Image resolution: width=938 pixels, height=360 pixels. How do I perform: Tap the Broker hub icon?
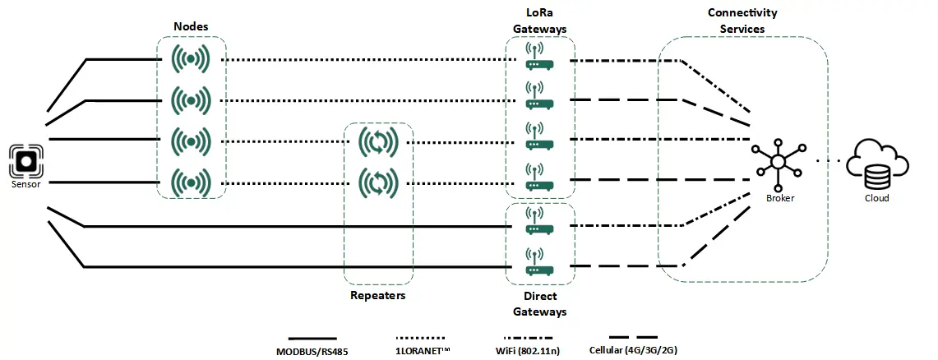click(x=774, y=159)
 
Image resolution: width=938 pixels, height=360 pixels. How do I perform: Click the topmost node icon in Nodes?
click(x=191, y=60)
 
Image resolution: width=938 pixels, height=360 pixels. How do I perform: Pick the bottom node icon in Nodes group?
click(x=191, y=181)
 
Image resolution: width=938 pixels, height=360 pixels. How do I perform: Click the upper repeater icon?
click(x=378, y=143)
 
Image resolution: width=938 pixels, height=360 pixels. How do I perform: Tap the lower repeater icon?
click(x=378, y=181)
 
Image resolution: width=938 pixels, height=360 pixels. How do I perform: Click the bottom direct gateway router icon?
click(x=539, y=262)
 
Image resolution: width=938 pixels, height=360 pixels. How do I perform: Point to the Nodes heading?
click(x=191, y=26)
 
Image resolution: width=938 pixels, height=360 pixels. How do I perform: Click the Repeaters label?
click(x=378, y=295)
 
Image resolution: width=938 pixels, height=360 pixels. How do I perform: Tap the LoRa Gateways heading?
click(x=539, y=21)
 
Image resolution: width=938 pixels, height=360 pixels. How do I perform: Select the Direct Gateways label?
click(x=539, y=303)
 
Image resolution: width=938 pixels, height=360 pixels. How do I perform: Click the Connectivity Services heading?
click(x=742, y=21)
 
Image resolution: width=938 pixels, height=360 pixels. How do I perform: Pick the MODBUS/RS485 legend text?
click(x=313, y=351)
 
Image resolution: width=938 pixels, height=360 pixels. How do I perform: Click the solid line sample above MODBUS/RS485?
click(x=313, y=338)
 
